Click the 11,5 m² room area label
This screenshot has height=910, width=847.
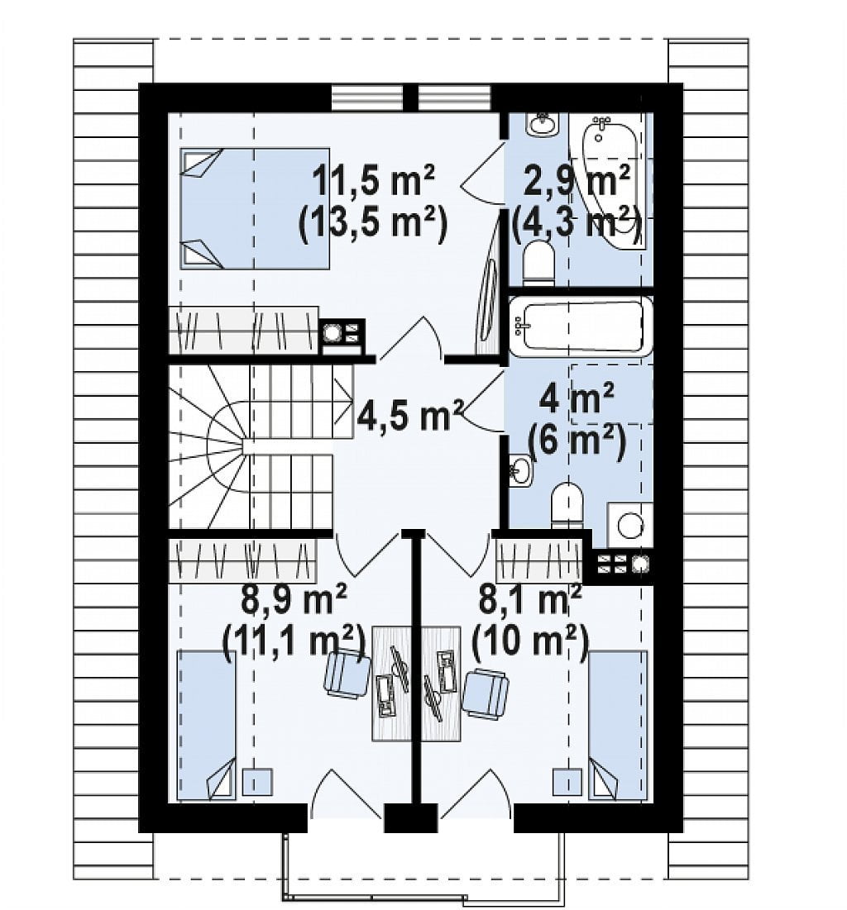[374, 181]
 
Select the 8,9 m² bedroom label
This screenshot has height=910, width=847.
[294, 599]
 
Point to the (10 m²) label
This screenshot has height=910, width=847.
[530, 643]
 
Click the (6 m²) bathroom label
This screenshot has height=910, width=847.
[577, 442]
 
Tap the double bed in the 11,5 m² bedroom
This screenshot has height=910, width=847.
[255, 208]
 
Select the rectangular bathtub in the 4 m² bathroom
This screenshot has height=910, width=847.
[581, 326]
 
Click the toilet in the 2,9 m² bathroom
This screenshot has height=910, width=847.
[538, 264]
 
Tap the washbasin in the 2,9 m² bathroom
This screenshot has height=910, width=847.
[543, 124]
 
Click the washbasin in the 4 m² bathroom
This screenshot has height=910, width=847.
[520, 470]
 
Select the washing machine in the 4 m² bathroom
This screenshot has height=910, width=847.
[629, 525]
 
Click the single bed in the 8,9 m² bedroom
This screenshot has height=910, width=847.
[207, 726]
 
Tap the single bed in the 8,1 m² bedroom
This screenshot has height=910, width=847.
[618, 726]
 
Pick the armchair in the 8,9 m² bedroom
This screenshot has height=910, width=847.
[347, 674]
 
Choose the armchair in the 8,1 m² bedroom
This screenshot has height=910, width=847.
[486, 693]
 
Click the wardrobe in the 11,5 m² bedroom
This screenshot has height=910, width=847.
[243, 330]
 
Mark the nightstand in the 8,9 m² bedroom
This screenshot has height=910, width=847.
[257, 782]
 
